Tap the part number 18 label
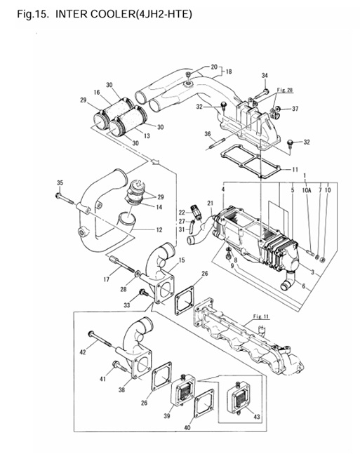tap(228, 72)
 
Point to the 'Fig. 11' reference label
tap(260, 316)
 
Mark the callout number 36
tap(208, 134)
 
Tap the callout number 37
tap(296, 109)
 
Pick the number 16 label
tap(98, 92)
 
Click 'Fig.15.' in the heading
tap(30, 14)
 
